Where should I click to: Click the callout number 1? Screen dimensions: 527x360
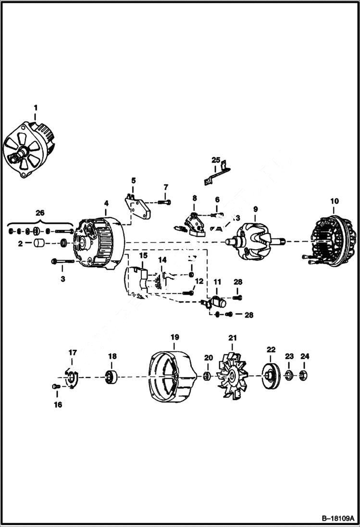[x=35, y=108]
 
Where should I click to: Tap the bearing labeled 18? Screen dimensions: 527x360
[x=112, y=376]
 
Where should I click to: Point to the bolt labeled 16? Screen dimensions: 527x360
[x=55, y=386]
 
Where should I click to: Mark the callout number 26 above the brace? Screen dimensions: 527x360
[x=40, y=212]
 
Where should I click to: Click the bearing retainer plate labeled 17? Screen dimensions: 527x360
[x=71, y=378]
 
